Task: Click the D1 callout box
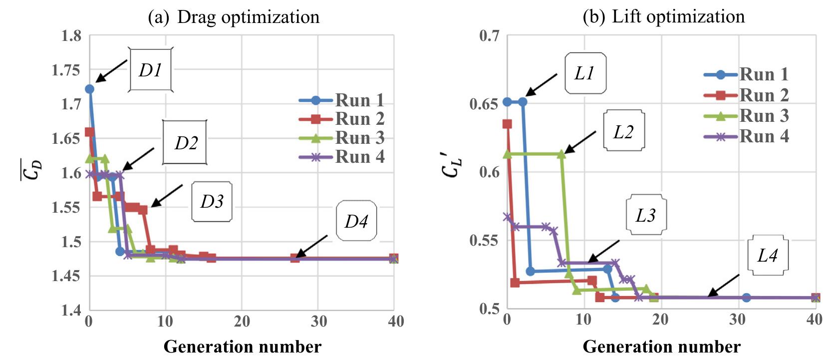(x=151, y=70)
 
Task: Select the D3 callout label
(x=212, y=201)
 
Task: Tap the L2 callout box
(x=623, y=131)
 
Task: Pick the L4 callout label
(x=768, y=255)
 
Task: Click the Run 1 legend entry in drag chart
(x=342, y=100)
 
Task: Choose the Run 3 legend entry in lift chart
(x=747, y=116)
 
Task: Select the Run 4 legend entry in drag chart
(x=342, y=157)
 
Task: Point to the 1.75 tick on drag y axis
(x=66, y=70)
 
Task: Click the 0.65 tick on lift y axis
(x=484, y=104)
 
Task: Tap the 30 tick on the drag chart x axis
(x=319, y=321)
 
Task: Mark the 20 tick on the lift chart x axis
(x=660, y=320)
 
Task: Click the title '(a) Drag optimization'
(x=234, y=17)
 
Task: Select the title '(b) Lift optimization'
(x=663, y=16)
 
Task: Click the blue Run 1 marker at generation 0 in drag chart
(x=89, y=89)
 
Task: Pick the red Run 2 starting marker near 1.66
(x=89, y=132)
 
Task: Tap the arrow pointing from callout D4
(x=312, y=246)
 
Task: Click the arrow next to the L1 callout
(x=541, y=84)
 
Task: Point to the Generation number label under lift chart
(x=661, y=346)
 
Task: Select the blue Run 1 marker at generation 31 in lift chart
(x=746, y=298)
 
